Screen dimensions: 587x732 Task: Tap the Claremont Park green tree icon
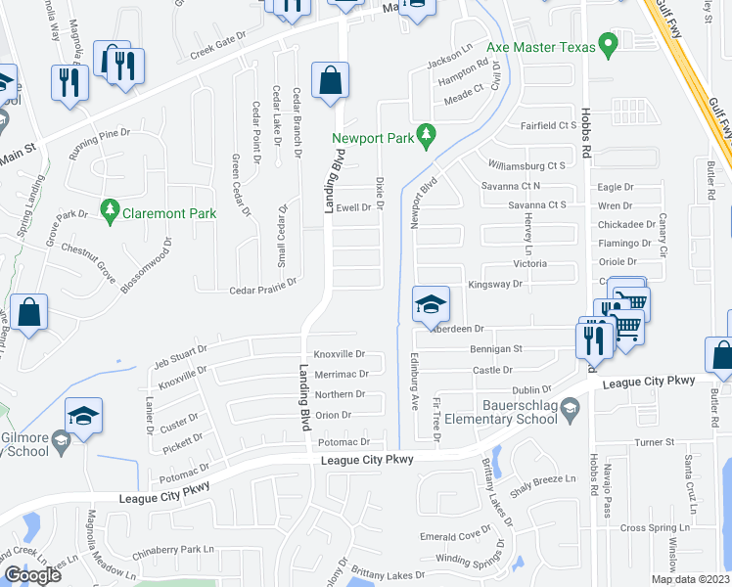point(110,210)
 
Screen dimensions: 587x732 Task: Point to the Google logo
point(32,575)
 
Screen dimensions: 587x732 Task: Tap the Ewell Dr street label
point(353,207)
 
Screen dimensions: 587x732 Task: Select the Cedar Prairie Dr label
point(262,291)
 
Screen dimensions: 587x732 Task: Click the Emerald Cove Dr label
point(455,535)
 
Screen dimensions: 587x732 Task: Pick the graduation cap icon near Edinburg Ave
point(431,304)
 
